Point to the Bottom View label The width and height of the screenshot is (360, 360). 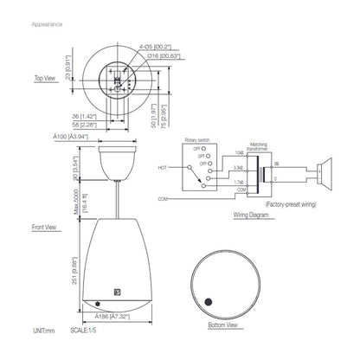(222, 325)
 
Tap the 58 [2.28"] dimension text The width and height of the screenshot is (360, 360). (86, 124)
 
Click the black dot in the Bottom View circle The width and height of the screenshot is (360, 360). (209, 303)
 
